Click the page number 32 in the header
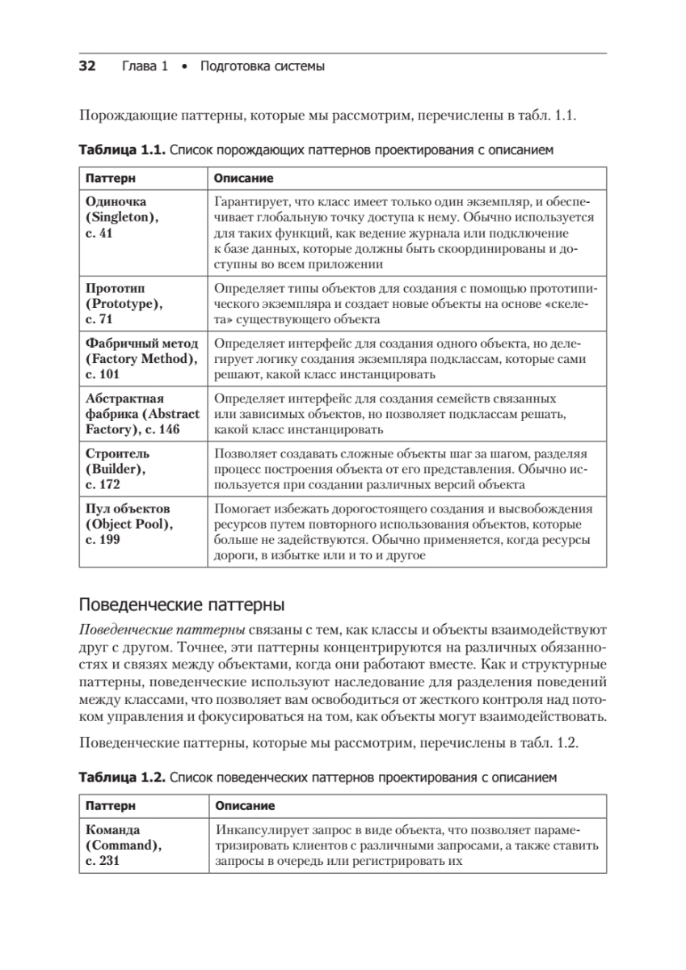coord(86,66)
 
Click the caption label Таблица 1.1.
coord(121,150)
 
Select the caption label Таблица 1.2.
coord(121,778)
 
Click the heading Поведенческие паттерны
coord(180,605)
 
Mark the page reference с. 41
coord(100,233)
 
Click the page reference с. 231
coord(103,861)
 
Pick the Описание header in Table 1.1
coord(242,178)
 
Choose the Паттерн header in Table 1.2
coord(111,806)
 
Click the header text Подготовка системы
coord(262,66)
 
